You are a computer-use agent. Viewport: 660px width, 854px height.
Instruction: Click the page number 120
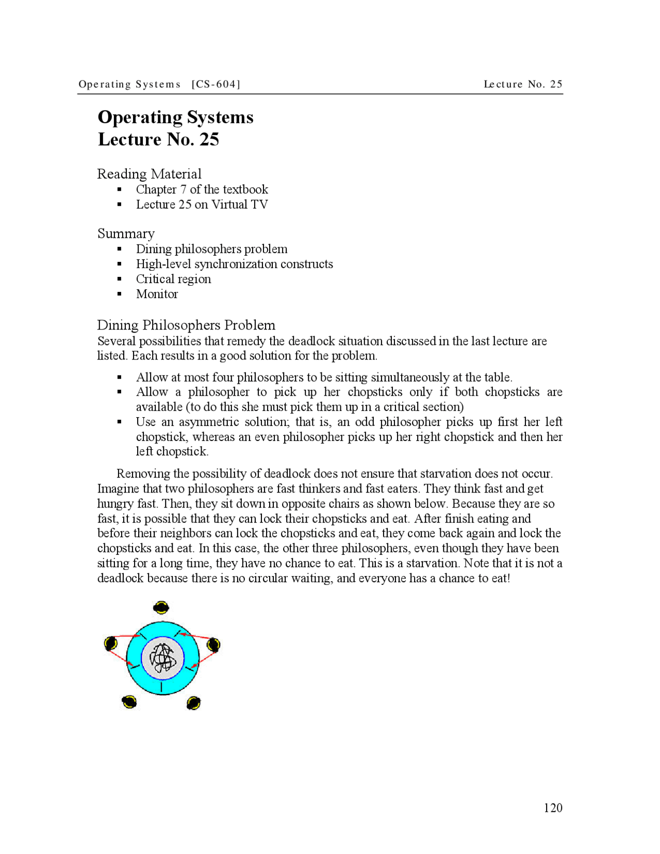pos(553,808)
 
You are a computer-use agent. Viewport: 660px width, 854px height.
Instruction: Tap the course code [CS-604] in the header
pos(216,84)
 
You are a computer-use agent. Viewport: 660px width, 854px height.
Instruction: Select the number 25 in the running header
pos(556,84)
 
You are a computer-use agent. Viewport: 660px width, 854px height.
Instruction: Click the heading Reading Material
pos(149,174)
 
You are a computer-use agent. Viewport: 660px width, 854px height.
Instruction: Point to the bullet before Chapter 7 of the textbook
pos(120,190)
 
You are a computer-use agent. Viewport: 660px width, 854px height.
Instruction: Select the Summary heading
pos(126,234)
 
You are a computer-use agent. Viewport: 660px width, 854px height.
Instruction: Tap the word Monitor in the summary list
pos(157,294)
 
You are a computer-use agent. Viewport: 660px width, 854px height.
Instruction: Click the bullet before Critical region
pos(120,279)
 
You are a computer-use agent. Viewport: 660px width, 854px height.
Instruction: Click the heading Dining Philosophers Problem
pos(186,325)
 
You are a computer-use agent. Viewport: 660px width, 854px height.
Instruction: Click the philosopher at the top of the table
pos(161,607)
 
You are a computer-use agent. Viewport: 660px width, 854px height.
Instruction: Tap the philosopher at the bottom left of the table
pos(129,702)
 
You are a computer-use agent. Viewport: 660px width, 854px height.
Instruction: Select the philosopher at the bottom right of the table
pos(193,703)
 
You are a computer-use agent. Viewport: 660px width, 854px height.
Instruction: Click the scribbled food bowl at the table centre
pos(162,658)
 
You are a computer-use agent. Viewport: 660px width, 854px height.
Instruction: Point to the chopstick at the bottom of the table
pos(162,687)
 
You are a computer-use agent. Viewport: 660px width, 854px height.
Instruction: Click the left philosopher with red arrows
pos(110,643)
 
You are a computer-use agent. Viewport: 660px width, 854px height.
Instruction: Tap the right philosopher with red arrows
pos(213,644)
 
